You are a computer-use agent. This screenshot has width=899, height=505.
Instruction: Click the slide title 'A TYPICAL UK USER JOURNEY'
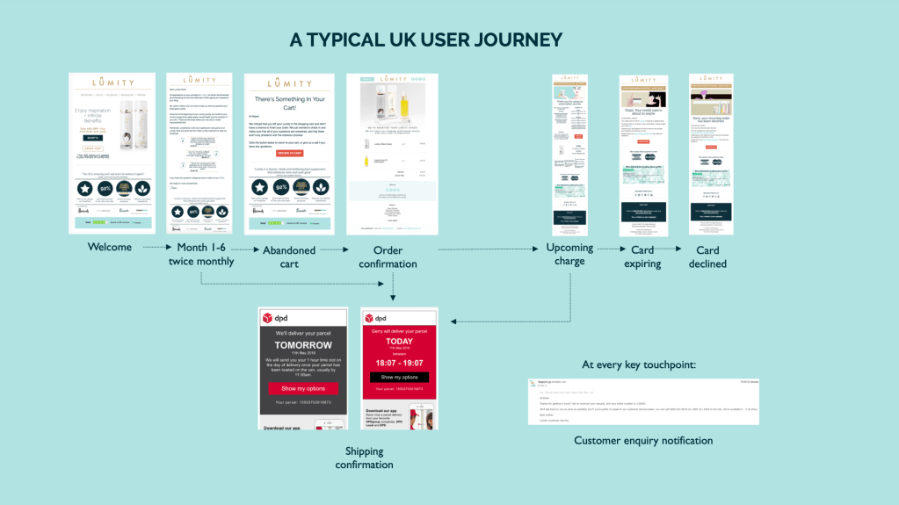(425, 40)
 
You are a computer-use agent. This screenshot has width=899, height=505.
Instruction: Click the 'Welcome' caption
(110, 247)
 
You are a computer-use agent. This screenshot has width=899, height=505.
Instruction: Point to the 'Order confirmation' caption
(387, 256)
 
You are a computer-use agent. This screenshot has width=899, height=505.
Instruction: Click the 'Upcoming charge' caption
(569, 254)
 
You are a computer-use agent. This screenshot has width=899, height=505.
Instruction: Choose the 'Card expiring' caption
(642, 256)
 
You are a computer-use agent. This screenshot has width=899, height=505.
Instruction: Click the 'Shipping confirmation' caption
(363, 458)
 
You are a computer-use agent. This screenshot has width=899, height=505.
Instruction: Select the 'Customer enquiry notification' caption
(643, 440)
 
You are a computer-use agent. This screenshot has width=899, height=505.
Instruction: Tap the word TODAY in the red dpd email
(399, 342)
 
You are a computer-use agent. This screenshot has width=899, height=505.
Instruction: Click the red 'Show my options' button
(303, 388)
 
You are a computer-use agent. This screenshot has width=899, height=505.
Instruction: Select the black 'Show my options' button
(399, 377)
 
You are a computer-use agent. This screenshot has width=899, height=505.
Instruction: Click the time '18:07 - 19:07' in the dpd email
(399, 361)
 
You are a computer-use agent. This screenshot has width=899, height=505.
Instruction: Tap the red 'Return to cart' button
(289, 153)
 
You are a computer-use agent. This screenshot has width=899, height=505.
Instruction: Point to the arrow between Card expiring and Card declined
(675, 249)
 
